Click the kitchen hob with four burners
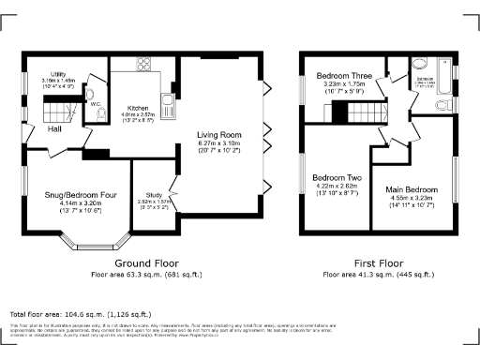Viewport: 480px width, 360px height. (143, 65)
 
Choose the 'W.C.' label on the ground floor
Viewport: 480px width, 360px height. (94, 103)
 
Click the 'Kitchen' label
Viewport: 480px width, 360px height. (138, 108)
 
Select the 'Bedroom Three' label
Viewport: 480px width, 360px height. (342, 75)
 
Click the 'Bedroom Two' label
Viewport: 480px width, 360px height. (337, 177)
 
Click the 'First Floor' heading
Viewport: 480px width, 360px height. (379, 264)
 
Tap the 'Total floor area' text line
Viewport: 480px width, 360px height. (80, 314)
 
